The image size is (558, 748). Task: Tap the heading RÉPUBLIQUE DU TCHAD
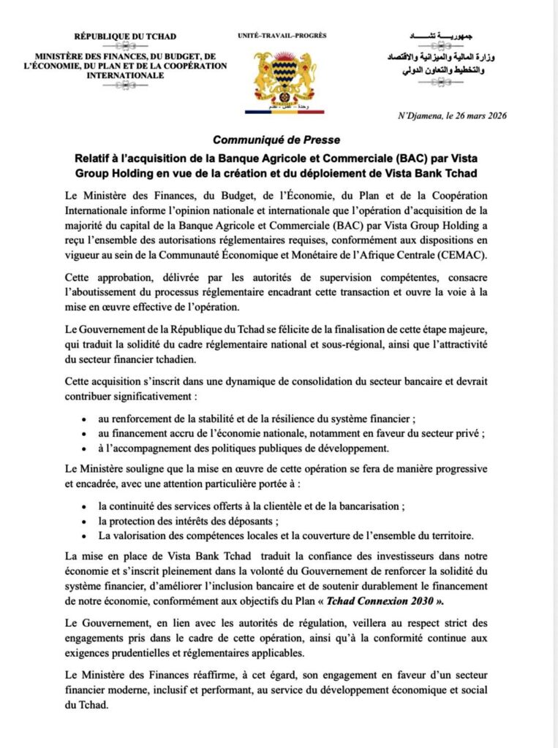point(125,37)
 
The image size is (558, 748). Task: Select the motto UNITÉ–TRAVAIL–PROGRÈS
point(282,35)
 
